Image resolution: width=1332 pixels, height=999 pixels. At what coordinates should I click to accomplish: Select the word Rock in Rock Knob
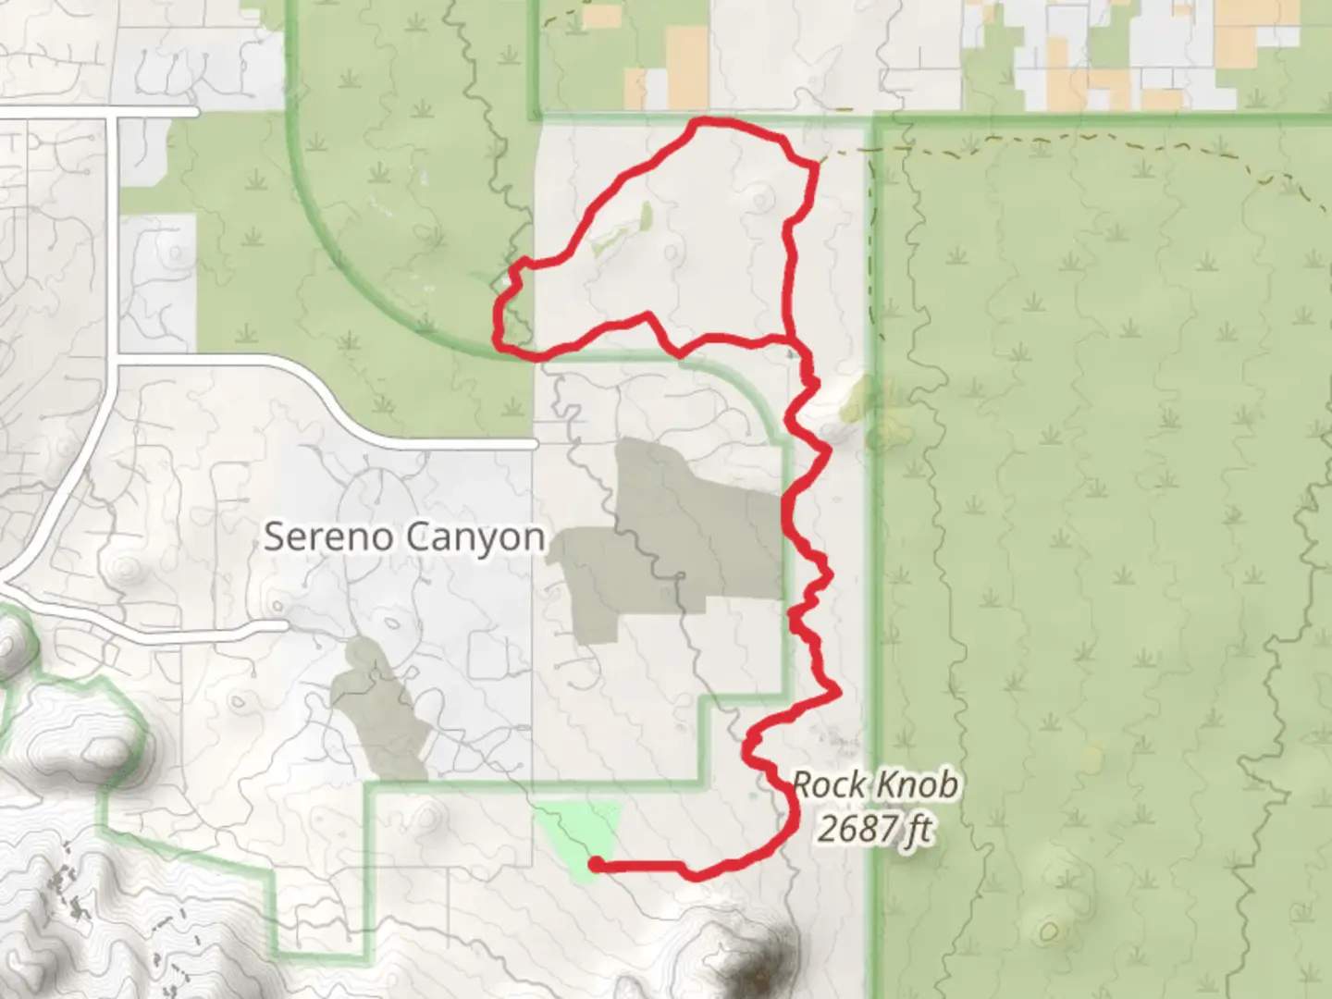[821, 785]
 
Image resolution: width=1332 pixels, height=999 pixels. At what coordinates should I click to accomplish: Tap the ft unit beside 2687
[917, 828]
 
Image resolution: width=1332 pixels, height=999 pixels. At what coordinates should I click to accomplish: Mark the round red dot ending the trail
[597, 865]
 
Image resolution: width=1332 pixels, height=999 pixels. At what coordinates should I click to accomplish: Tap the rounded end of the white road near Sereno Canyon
[534, 445]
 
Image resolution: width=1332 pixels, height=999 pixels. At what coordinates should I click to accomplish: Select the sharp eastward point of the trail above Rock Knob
[838, 690]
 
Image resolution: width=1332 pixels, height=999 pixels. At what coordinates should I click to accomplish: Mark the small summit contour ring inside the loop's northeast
[761, 197]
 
